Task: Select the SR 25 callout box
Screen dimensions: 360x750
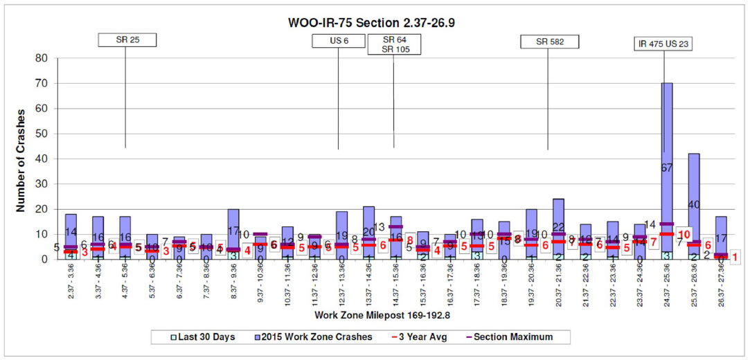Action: (127, 40)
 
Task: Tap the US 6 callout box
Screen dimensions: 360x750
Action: (339, 41)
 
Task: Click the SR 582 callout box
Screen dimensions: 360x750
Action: (549, 42)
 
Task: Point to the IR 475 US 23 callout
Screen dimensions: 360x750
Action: (664, 44)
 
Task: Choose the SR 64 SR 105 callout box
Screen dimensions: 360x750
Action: (393, 45)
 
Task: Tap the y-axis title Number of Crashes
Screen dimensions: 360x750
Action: (21, 159)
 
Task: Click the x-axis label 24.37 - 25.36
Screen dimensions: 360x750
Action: (667, 285)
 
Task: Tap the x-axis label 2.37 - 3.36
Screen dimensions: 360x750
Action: (71, 285)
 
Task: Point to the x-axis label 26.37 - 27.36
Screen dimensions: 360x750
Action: (721, 285)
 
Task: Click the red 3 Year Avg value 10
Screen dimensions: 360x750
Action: (684, 234)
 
